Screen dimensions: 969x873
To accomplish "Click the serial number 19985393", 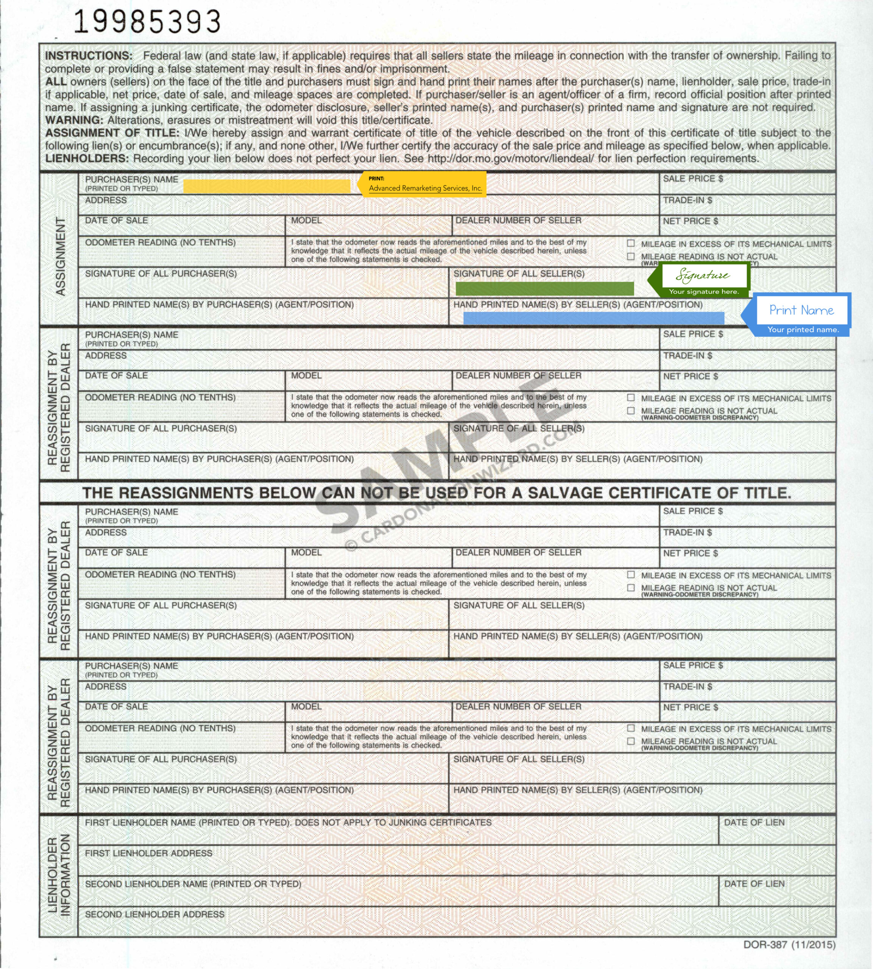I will point(147,22).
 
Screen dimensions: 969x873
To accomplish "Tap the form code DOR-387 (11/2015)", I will point(789,944).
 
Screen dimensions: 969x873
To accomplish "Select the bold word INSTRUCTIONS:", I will point(89,56).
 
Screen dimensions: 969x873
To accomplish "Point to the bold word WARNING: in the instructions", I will point(74,120).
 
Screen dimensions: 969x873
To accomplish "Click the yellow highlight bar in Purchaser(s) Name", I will point(267,186).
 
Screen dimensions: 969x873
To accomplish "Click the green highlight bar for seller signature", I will point(544,289).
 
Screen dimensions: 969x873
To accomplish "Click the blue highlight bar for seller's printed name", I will point(593,318).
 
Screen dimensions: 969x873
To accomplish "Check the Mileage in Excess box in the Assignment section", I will point(631,243).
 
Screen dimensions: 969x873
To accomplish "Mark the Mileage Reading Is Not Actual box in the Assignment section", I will point(631,257).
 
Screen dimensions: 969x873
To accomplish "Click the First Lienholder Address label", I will point(148,853).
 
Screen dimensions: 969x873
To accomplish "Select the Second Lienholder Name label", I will point(193,884).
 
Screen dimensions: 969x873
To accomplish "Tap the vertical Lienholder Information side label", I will point(59,876).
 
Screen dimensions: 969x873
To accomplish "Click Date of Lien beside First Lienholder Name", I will point(754,822).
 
